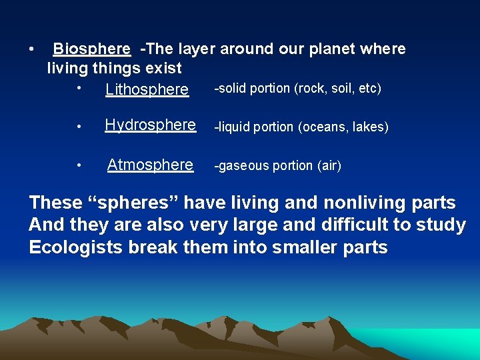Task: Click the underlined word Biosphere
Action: click(91, 49)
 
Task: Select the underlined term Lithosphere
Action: click(147, 89)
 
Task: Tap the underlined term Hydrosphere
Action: click(150, 125)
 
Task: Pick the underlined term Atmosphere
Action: click(150, 165)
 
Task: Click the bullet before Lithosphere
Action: click(79, 87)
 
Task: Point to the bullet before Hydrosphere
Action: click(79, 127)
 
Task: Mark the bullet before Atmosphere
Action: click(79, 165)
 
